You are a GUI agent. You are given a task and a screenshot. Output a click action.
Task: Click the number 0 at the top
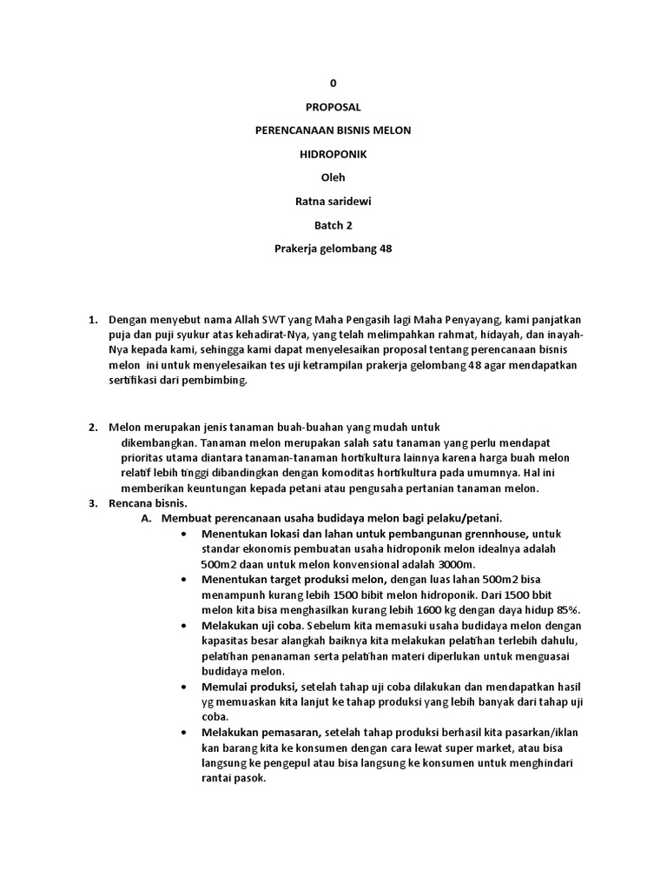click(x=333, y=83)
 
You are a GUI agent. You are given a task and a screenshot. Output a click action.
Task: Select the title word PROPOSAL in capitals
click(x=333, y=107)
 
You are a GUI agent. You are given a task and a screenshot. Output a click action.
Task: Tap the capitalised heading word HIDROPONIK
click(x=333, y=154)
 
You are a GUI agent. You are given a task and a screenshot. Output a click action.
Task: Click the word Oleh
click(x=333, y=177)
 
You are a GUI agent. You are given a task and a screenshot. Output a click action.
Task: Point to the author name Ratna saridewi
click(x=333, y=201)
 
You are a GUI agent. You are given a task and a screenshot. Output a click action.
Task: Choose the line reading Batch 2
click(x=333, y=224)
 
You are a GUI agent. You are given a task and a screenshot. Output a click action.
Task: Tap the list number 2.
click(x=92, y=427)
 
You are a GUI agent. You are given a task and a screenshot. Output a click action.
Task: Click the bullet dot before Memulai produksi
click(x=184, y=687)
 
